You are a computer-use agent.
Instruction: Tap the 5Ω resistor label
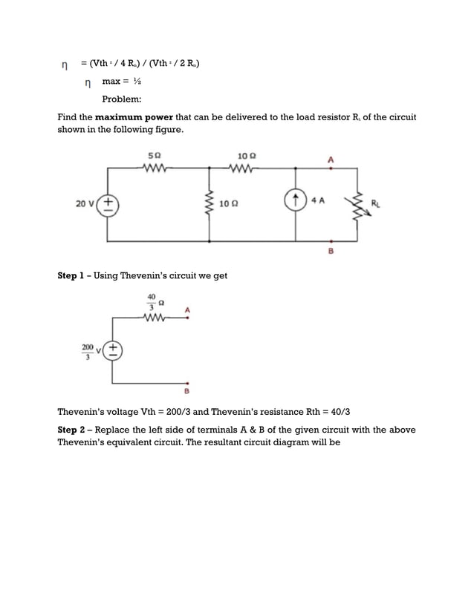click(155, 156)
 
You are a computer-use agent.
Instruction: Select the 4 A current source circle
click(296, 200)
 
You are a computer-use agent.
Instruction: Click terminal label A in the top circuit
click(331, 158)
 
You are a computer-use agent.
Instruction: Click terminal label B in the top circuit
click(331, 251)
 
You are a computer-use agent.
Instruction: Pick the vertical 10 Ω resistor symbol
click(210, 203)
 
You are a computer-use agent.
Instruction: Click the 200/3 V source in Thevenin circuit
click(113, 350)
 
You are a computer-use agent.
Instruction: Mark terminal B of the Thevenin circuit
click(187, 390)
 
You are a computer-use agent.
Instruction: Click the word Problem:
click(123, 99)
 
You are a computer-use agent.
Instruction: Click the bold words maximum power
click(131, 117)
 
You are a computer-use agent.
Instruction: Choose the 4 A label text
click(318, 200)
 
